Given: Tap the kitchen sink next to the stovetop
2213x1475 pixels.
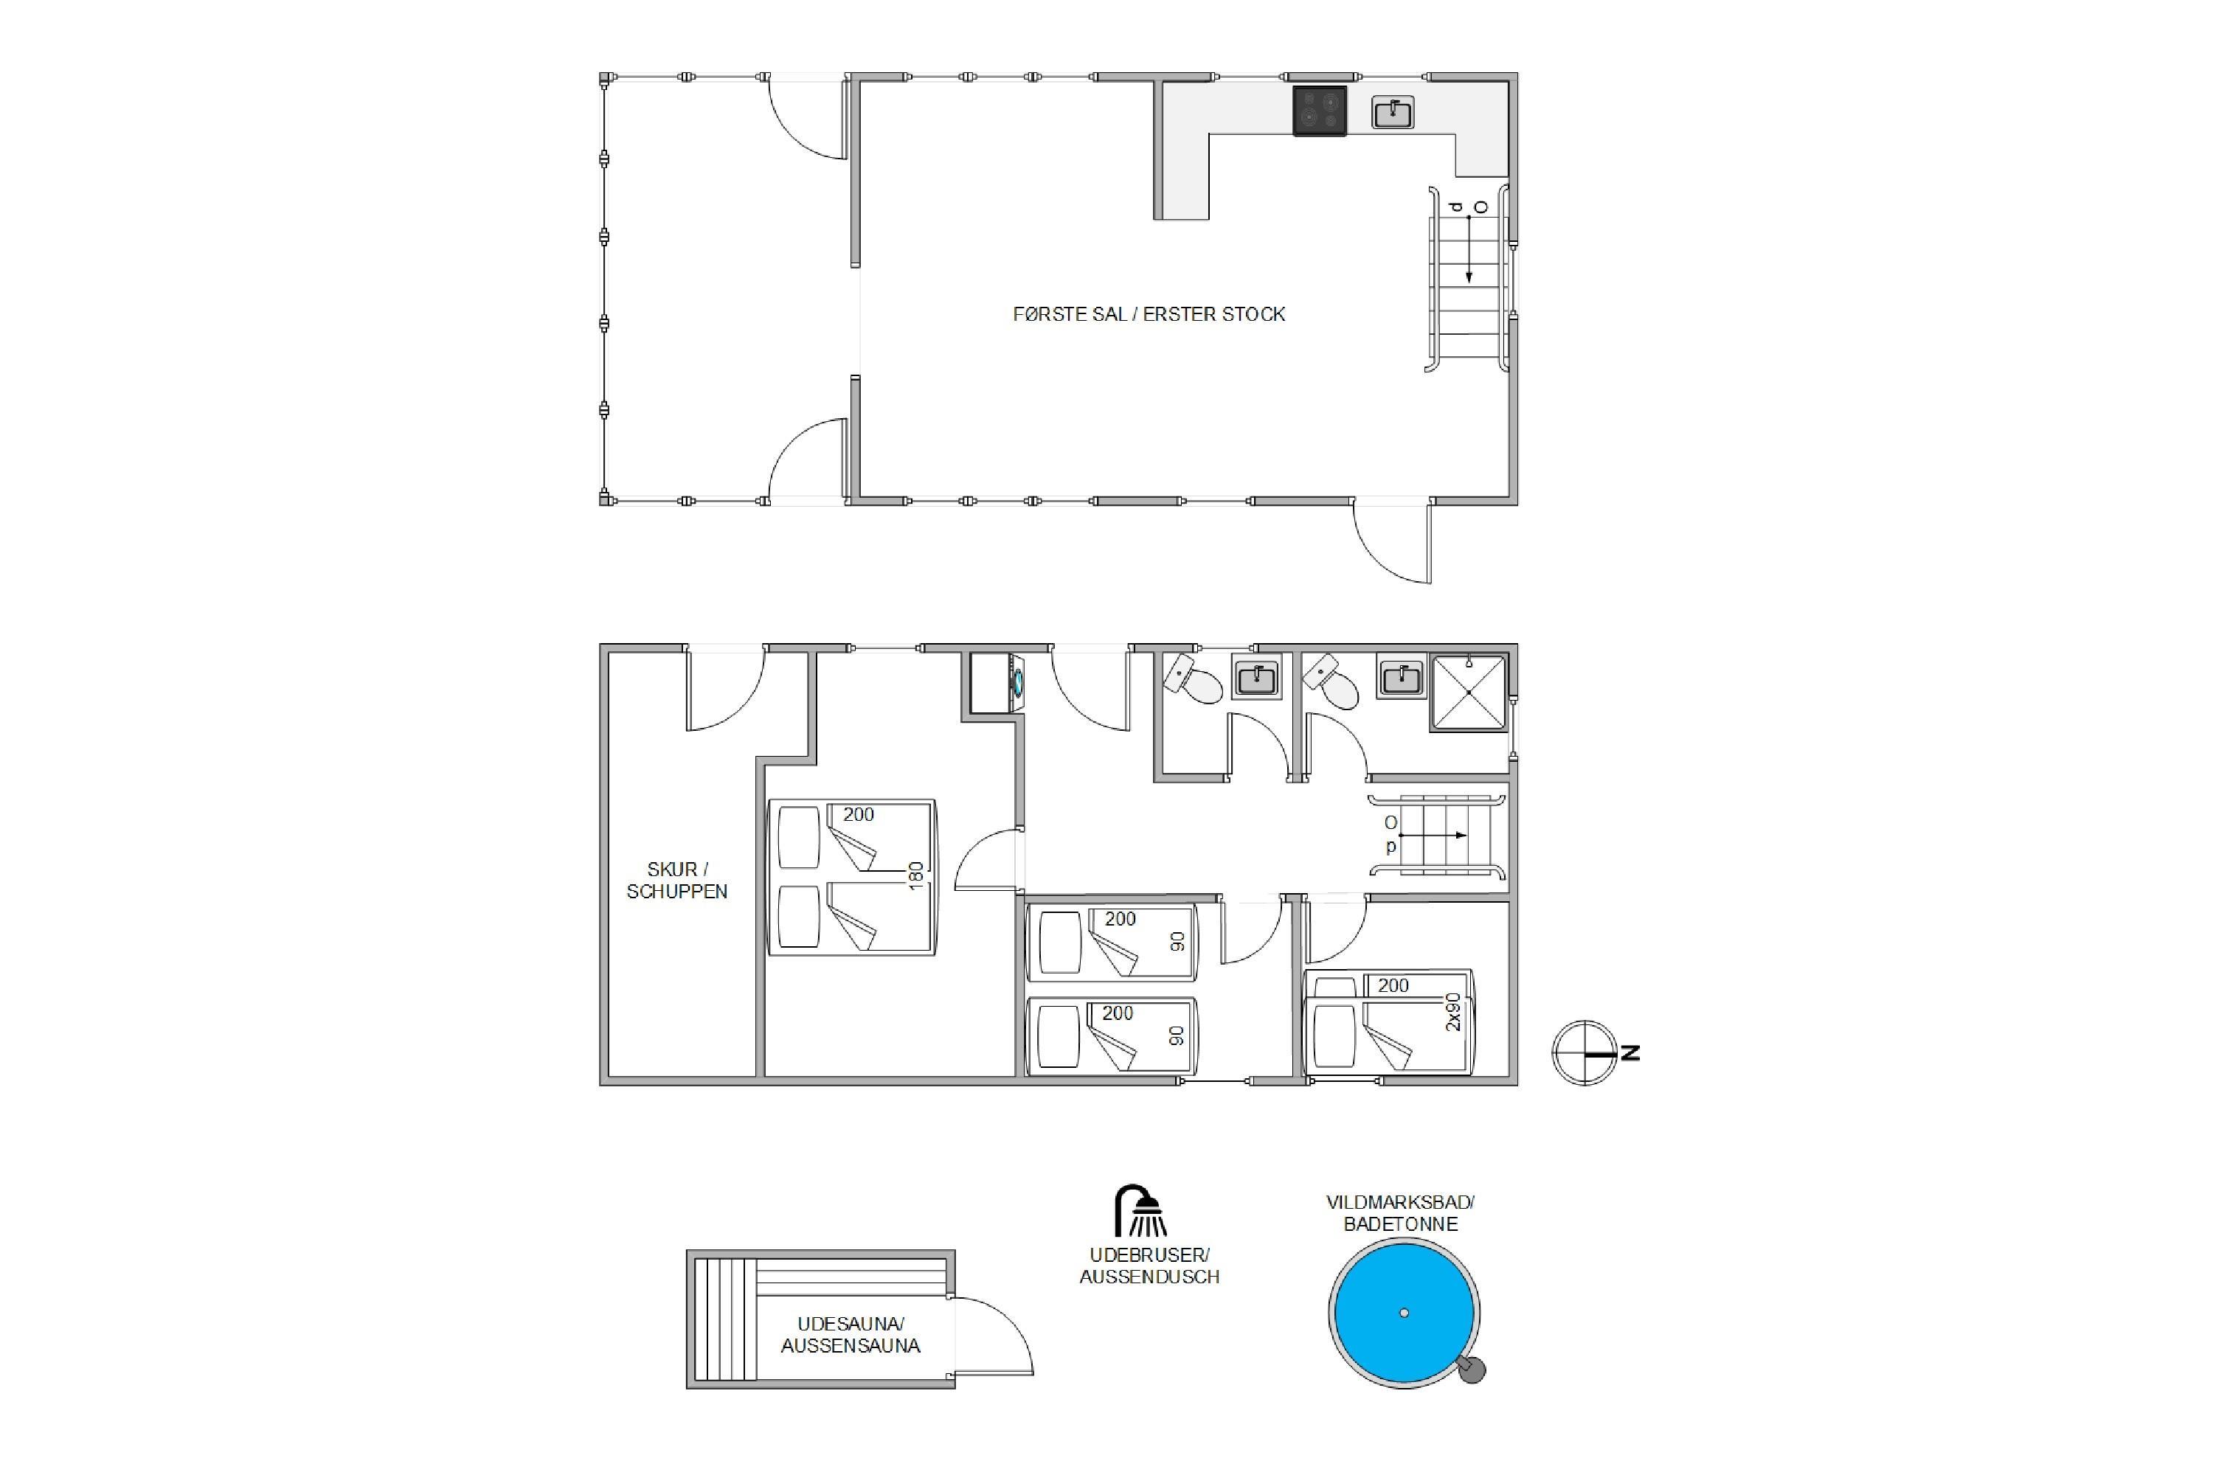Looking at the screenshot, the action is (1393, 113).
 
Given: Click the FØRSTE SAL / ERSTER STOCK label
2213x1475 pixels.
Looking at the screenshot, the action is (1149, 314).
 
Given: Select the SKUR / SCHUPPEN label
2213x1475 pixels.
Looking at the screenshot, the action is (676, 881).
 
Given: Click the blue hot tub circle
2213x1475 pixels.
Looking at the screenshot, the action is (1404, 1312).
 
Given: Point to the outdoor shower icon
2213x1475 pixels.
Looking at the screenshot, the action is (1140, 1211).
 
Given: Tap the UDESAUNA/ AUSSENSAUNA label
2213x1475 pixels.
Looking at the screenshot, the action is (851, 1335).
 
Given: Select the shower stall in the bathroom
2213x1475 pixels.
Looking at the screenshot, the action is (1468, 693).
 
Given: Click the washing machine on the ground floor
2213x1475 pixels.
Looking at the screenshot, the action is (998, 684).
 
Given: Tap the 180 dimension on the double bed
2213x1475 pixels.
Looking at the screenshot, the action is (915, 876).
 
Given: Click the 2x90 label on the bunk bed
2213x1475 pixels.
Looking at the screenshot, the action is (1454, 1012).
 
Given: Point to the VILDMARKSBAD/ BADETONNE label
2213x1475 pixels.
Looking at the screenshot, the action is (1400, 1212).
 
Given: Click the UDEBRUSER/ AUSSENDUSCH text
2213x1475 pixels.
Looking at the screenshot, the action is (1149, 1266).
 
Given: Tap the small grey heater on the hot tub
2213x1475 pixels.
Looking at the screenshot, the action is (1471, 1369).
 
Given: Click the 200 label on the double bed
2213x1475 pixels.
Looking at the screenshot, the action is (858, 815).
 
